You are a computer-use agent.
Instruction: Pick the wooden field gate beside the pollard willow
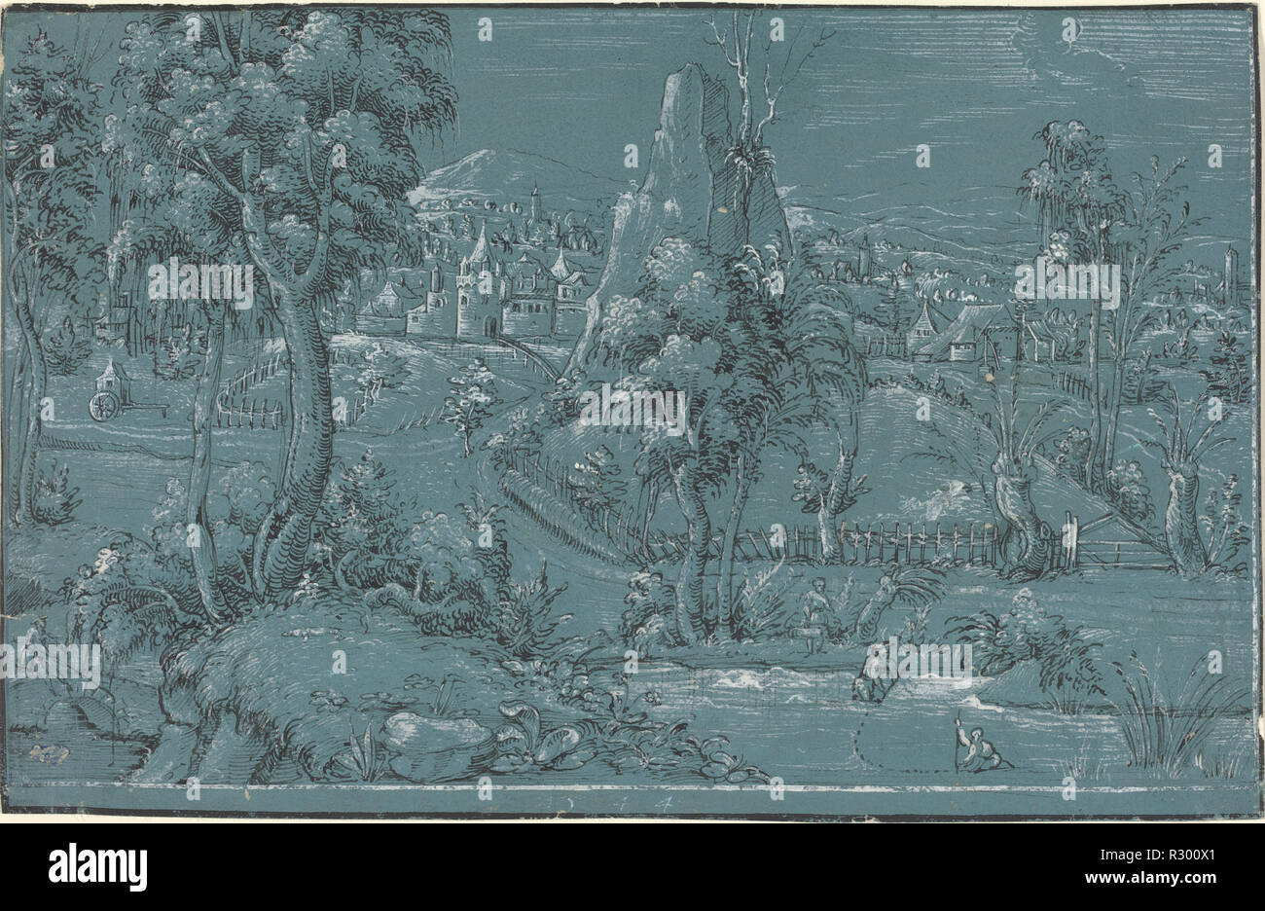point(1119,545)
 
